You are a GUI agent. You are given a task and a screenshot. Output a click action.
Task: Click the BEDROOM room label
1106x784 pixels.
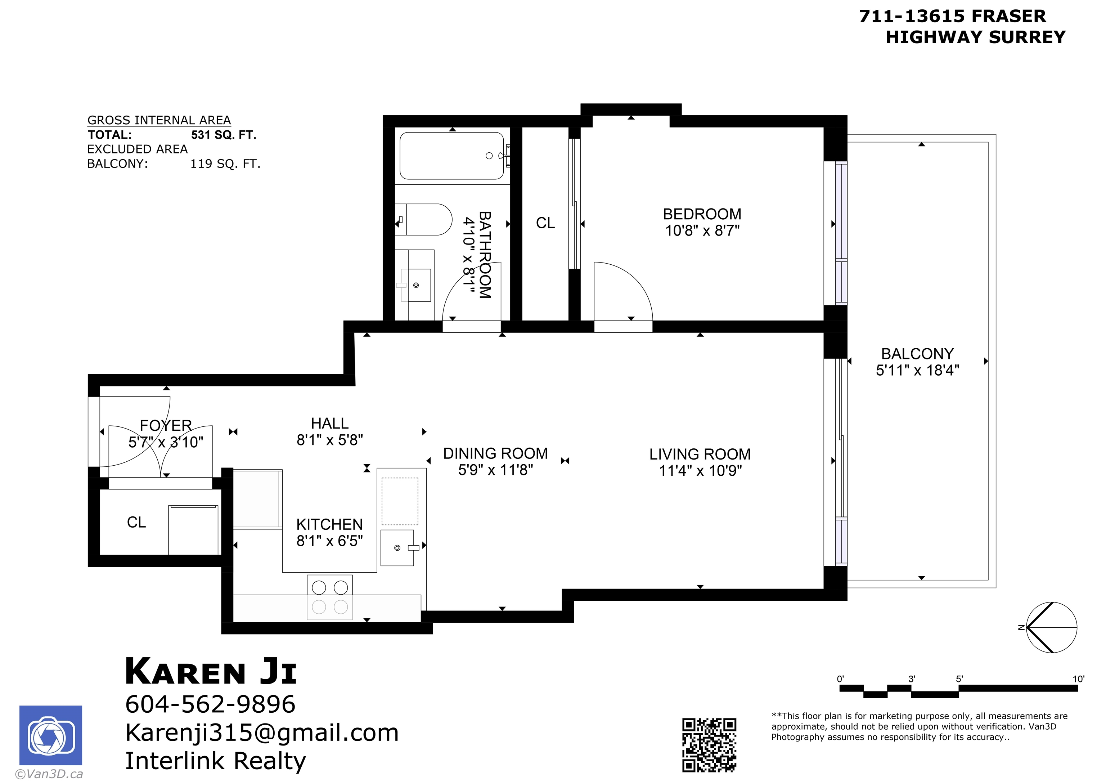click(702, 214)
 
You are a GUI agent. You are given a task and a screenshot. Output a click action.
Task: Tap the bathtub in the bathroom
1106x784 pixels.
click(452, 156)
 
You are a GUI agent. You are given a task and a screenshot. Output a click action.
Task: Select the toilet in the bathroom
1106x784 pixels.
click(424, 219)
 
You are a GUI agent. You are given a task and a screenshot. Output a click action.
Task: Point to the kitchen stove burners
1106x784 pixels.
click(330, 597)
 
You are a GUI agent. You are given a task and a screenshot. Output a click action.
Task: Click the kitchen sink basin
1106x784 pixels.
click(397, 548)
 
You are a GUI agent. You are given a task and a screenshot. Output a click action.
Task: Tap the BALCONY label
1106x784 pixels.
click(917, 354)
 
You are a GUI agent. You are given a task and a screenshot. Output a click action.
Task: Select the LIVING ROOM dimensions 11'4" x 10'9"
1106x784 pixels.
click(700, 471)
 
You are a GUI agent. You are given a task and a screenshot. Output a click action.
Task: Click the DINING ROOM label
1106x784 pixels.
click(496, 453)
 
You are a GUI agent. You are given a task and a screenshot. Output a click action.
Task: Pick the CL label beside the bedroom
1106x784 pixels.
click(545, 223)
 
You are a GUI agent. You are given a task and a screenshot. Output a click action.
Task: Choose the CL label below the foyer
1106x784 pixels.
click(136, 522)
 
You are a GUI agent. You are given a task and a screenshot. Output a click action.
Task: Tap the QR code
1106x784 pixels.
click(709, 745)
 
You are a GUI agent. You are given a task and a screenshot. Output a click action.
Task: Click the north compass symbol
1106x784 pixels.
click(1051, 628)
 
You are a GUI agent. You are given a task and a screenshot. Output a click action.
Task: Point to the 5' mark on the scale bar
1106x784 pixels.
click(959, 679)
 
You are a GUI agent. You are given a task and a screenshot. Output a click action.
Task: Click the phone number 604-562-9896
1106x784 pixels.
click(210, 704)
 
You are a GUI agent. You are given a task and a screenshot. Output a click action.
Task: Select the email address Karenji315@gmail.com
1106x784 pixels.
click(262, 733)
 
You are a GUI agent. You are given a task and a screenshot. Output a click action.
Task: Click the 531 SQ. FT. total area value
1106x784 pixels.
click(224, 135)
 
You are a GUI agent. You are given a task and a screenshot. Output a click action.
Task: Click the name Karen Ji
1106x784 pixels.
click(211, 672)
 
